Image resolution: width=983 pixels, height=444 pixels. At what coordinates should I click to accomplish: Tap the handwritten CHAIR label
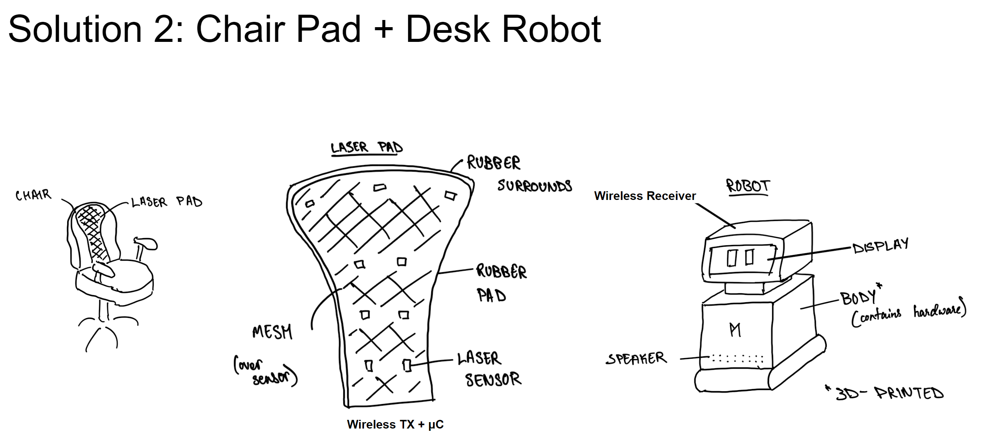(x=33, y=195)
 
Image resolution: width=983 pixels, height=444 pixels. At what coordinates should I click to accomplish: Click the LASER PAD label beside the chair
(x=166, y=201)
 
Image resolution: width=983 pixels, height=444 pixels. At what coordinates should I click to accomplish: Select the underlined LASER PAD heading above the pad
(x=366, y=147)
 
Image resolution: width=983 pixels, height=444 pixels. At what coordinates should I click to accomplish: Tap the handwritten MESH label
(x=272, y=331)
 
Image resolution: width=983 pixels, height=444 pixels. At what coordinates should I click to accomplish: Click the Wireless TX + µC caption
(x=395, y=424)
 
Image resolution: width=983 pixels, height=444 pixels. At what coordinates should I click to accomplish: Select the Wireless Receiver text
(x=645, y=196)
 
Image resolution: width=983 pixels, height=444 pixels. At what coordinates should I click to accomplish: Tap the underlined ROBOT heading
(x=748, y=186)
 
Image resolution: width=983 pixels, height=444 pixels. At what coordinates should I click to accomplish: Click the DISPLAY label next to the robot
(x=880, y=246)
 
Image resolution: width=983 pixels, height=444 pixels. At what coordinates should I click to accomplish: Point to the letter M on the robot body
(x=735, y=330)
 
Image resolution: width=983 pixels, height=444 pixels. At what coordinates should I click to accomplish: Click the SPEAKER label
(x=636, y=358)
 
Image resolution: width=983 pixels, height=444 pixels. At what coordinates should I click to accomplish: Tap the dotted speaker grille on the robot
(x=737, y=359)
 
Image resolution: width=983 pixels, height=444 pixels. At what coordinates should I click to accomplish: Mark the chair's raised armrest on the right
(x=146, y=243)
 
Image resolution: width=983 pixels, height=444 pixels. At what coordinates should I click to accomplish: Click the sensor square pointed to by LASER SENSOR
(x=407, y=366)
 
